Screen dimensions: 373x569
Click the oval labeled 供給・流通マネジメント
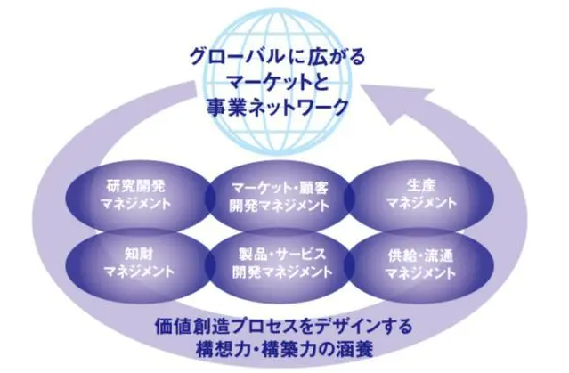[421, 258]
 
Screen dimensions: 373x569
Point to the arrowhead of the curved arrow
[413, 100]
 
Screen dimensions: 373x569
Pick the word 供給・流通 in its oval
[421, 250]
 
